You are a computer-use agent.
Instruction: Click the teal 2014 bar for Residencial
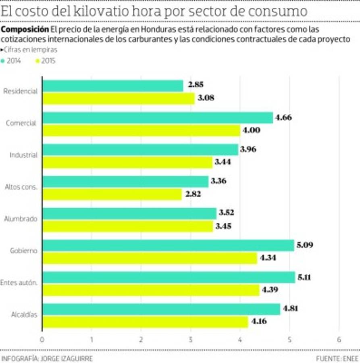tap(113, 86)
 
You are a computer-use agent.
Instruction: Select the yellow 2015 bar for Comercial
tap(142, 130)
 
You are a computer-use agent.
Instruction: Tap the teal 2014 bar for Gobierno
tap(168, 245)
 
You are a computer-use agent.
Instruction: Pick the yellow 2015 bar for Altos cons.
tap(112, 194)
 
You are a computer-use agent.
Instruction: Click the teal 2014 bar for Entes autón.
tap(169, 277)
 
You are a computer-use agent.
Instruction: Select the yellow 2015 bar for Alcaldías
tap(145, 322)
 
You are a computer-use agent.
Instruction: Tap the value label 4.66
tap(283, 118)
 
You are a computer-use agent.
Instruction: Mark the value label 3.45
tap(223, 226)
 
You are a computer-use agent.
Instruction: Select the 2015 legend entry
tap(46, 61)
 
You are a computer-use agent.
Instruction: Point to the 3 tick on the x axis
tap(191, 340)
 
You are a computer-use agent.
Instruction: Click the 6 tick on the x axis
tap(339, 340)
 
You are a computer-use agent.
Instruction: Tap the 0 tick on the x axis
tap(42, 340)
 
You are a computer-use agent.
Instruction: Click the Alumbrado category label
tap(21, 219)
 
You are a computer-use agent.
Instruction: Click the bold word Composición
tap(25, 29)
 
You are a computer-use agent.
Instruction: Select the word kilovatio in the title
tap(103, 11)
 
